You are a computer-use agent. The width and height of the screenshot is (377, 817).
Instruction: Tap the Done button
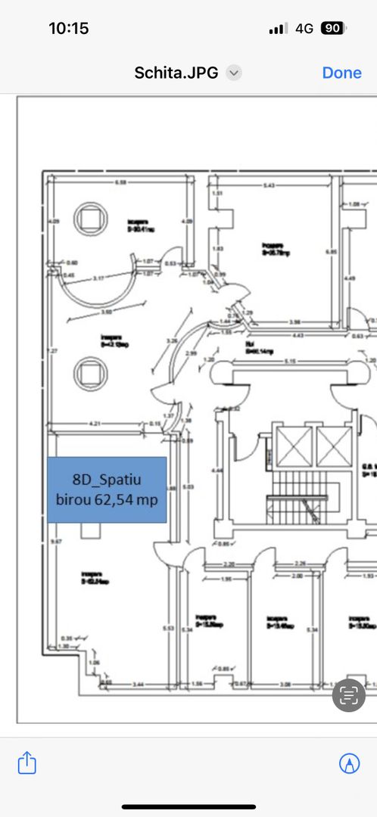tap(341, 73)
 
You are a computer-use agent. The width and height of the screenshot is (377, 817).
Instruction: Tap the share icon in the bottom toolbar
tap(26, 763)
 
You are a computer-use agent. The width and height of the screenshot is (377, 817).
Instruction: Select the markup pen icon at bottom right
tap(349, 763)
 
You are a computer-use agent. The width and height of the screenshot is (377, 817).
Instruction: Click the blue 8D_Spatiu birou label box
tap(107, 489)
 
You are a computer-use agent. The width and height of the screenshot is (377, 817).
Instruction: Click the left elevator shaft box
tap(294, 446)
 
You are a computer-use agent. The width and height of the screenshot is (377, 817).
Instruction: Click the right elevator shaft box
tap(334, 446)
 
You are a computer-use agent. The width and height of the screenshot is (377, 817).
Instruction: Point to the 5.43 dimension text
tap(269, 186)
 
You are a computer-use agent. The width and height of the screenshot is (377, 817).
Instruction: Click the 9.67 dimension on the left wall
tap(51, 542)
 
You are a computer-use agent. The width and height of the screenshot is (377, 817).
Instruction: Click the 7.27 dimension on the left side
tap(51, 351)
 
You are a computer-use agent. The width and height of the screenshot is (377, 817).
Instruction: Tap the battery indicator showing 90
tap(331, 29)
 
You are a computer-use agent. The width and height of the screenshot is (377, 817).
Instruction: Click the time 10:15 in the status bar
tap(68, 29)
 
